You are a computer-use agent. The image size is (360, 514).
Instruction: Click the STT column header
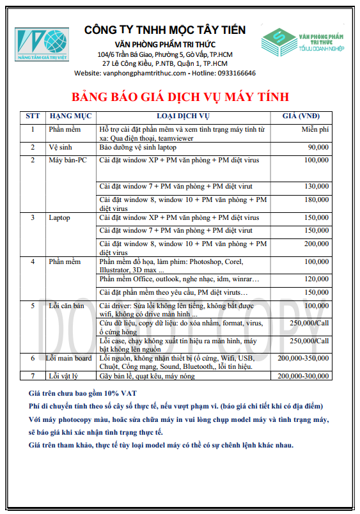coord(33,116)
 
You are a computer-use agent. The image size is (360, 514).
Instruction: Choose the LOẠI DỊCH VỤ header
coord(184,116)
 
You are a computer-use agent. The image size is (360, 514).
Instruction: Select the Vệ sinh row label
coord(61,147)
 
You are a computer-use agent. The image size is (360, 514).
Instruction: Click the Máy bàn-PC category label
coord(67,160)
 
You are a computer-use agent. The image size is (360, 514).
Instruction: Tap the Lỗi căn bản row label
coord(67,306)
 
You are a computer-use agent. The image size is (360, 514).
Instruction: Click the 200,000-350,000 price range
coord(303,359)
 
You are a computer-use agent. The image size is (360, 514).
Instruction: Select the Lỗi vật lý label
coord(65,376)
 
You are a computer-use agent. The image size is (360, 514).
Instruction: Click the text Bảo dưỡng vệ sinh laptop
coord(140,147)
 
